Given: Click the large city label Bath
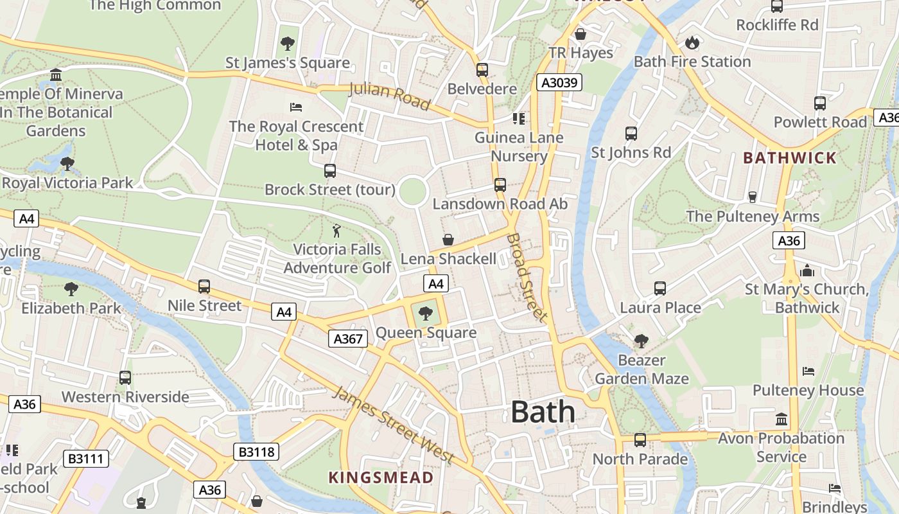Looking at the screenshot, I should coord(543,412).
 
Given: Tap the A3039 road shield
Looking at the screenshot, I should coord(559,82).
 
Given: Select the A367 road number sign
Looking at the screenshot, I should coord(348,339).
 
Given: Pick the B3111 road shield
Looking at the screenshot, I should coord(86,459).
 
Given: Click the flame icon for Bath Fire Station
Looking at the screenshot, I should coord(692,42).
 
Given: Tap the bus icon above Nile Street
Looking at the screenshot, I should coord(204,287).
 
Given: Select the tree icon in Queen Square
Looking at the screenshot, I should coord(425,314).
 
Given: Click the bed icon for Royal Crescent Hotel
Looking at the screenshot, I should coord(296,107).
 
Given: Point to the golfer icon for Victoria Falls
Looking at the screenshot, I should coord(336,230).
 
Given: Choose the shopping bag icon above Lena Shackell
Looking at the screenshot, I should coord(448,240).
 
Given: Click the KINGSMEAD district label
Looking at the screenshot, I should coord(381,477).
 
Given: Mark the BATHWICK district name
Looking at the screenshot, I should coord(790,158).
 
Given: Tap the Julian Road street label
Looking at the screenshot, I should coord(389,96).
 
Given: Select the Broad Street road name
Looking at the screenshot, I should coord(527,277).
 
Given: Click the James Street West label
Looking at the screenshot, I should coord(394,425).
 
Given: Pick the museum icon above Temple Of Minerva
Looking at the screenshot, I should coord(56,75).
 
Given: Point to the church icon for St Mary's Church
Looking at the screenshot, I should coord(807,270).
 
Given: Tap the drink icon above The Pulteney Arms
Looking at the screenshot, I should coord(753,197).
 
